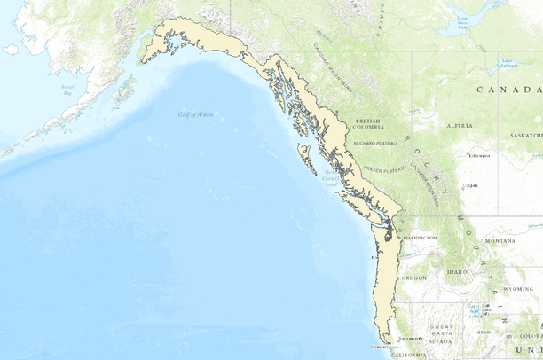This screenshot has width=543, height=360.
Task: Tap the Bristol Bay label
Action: pos(67,89)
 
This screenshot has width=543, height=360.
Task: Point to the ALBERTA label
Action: pos(460,127)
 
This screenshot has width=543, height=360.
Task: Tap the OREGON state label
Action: pos(414,278)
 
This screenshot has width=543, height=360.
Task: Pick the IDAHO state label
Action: pos(458,271)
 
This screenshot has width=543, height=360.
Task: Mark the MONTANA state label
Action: pos(500,241)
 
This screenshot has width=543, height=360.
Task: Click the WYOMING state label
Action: pos(518,288)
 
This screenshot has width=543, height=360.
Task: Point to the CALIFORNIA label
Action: pos(411,354)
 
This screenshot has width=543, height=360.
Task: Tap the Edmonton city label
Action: pos(480,155)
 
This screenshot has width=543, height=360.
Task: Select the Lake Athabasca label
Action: pos(508,64)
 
